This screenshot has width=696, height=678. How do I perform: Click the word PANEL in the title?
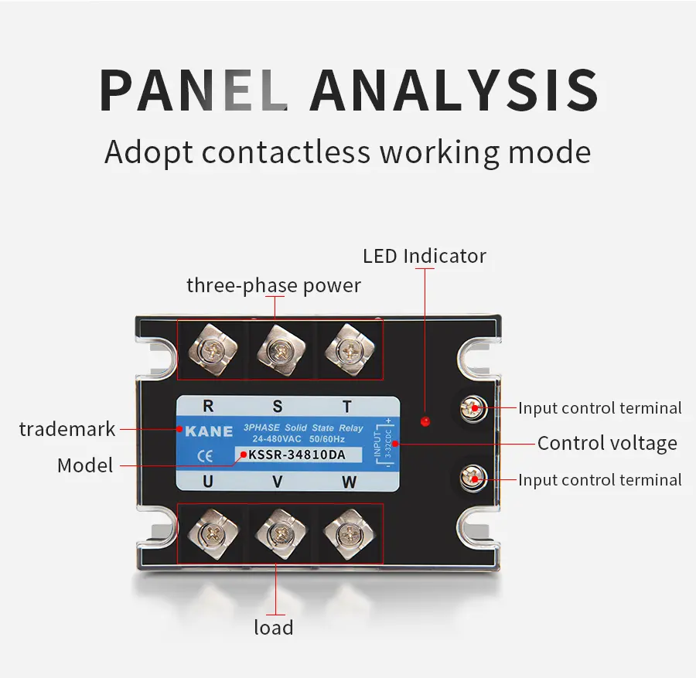pyautogui.click(x=193, y=91)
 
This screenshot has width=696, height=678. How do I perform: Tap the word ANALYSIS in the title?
pyautogui.click(x=454, y=91)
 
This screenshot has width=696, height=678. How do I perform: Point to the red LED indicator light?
pyautogui.click(x=424, y=421)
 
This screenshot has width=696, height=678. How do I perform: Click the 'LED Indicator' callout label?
pyautogui.click(x=425, y=256)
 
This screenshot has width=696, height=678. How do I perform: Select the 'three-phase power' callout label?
pyautogui.click(x=274, y=285)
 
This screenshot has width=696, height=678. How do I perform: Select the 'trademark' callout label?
pyautogui.click(x=67, y=429)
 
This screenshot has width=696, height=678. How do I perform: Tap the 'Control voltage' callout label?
pyautogui.click(x=607, y=443)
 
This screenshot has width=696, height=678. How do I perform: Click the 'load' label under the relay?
pyautogui.click(x=274, y=626)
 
